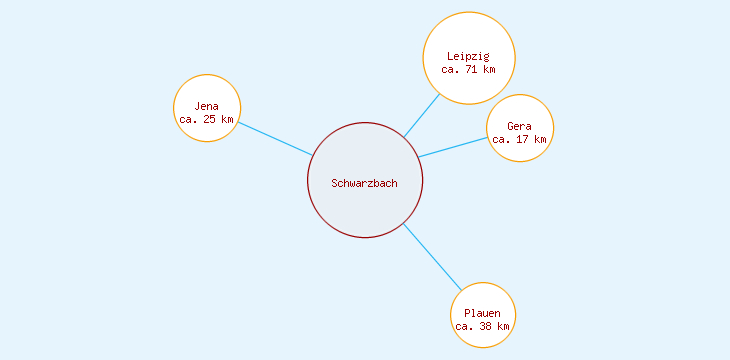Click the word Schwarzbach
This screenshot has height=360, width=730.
365,183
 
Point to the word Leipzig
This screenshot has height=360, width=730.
468,56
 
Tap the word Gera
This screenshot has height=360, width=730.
519,126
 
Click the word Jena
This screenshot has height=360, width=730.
207,106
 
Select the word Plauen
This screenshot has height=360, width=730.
483,314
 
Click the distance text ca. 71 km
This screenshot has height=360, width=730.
468,70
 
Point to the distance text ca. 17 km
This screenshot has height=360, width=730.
519,140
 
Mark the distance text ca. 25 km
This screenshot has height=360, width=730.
207,120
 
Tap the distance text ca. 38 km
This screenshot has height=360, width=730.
483,327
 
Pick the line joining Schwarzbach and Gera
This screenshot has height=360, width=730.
453,147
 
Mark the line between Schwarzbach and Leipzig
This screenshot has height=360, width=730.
421,116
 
